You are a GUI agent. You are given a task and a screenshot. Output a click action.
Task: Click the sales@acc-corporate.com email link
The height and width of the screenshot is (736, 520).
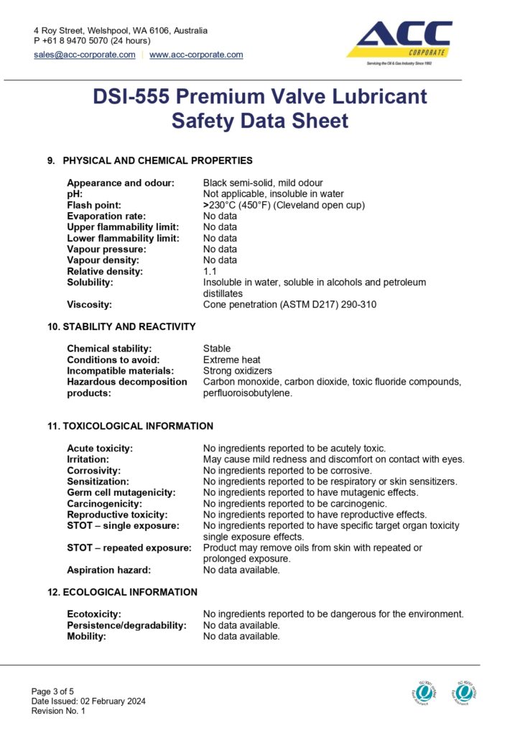pos(85,55)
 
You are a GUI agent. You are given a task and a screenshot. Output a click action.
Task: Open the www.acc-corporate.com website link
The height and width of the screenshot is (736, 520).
pos(196,55)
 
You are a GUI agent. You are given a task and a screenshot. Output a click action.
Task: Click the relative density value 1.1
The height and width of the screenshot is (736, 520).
pos(210,271)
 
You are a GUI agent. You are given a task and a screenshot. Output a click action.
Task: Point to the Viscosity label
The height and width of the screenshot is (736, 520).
pos(89,304)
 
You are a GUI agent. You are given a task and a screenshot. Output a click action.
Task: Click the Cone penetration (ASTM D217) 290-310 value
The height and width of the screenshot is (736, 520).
pos(289,304)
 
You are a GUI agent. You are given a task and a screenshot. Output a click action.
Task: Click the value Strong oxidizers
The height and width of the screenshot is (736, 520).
pos(238,371)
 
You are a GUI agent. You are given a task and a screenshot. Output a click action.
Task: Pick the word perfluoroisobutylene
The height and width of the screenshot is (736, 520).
pos(248,393)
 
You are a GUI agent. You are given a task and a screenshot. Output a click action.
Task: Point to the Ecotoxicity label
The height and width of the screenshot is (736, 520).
pos(94,614)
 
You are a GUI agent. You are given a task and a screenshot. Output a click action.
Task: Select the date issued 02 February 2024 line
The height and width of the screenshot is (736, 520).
pos(89,701)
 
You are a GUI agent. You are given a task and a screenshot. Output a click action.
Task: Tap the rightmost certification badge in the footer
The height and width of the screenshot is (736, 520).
pos(465,692)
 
